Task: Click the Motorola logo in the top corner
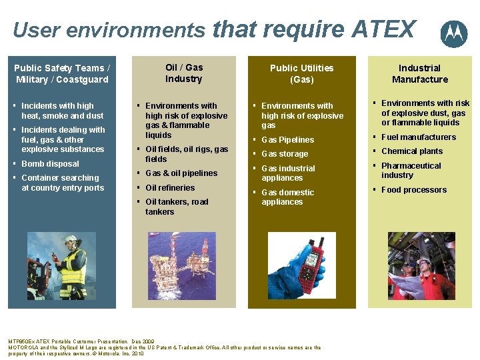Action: click(x=454, y=33)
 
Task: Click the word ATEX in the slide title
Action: click(x=383, y=29)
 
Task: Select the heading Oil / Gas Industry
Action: click(x=184, y=73)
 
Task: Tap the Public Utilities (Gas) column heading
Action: click(x=301, y=74)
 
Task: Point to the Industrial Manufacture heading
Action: click(x=419, y=74)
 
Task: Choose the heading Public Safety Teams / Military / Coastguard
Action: click(x=62, y=74)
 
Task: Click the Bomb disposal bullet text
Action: click(x=50, y=164)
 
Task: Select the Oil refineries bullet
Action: click(x=170, y=188)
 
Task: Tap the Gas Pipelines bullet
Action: click(x=287, y=140)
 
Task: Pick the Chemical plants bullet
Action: click(x=411, y=151)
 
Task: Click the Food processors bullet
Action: click(x=413, y=190)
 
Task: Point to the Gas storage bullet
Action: click(x=285, y=154)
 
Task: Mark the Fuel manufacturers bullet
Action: click(x=418, y=137)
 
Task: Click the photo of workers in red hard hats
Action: click(x=420, y=265)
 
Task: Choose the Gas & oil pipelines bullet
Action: click(x=181, y=173)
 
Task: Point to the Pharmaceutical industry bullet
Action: click(x=411, y=171)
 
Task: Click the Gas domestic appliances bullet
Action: click(x=287, y=197)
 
